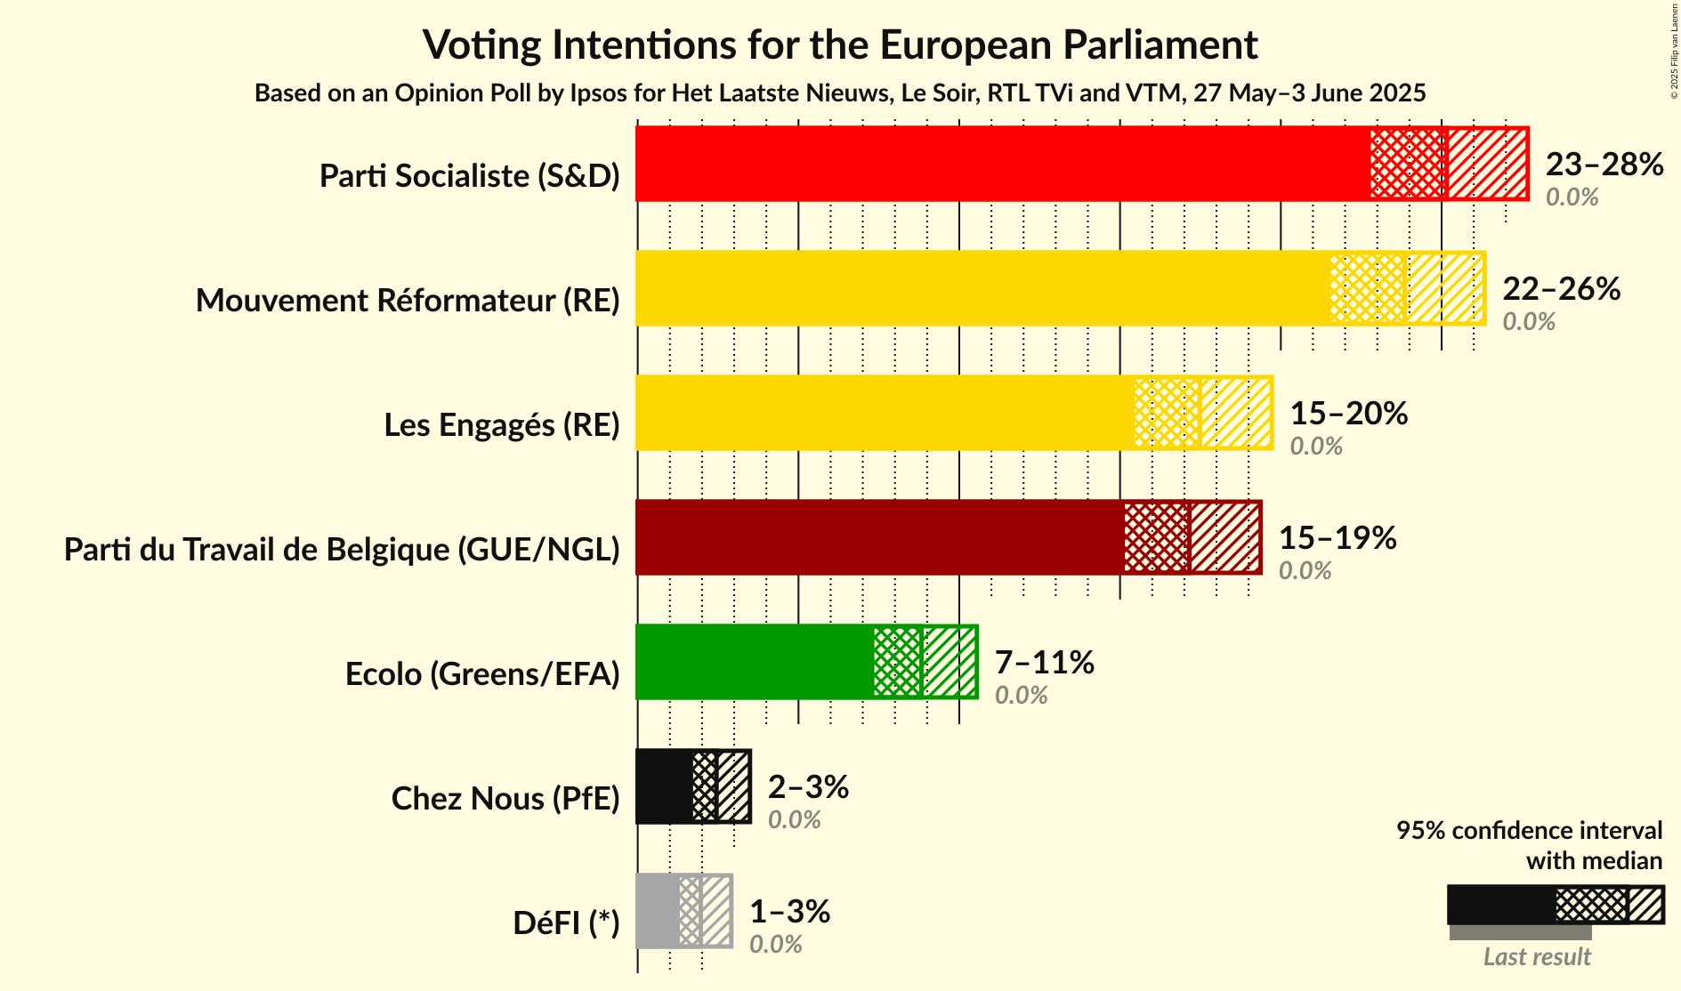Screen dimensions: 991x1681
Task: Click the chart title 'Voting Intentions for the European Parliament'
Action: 840,44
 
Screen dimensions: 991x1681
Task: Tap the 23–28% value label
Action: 1604,165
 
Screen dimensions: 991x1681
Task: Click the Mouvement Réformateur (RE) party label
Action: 408,301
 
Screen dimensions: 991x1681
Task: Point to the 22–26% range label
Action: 1561,289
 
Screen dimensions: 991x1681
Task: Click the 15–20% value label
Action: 1348,414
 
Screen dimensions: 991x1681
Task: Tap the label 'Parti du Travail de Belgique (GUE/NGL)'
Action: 342,550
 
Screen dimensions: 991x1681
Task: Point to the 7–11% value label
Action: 1044,663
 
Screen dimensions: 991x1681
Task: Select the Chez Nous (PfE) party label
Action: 505,799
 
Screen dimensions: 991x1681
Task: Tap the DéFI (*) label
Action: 566,923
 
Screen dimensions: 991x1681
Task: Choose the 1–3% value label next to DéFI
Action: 789,912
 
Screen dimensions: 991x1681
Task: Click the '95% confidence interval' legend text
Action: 1528,831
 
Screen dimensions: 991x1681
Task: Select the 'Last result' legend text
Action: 1536,957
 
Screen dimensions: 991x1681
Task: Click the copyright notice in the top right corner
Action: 1674,50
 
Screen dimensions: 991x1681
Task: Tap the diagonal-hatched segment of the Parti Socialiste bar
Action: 1487,164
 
